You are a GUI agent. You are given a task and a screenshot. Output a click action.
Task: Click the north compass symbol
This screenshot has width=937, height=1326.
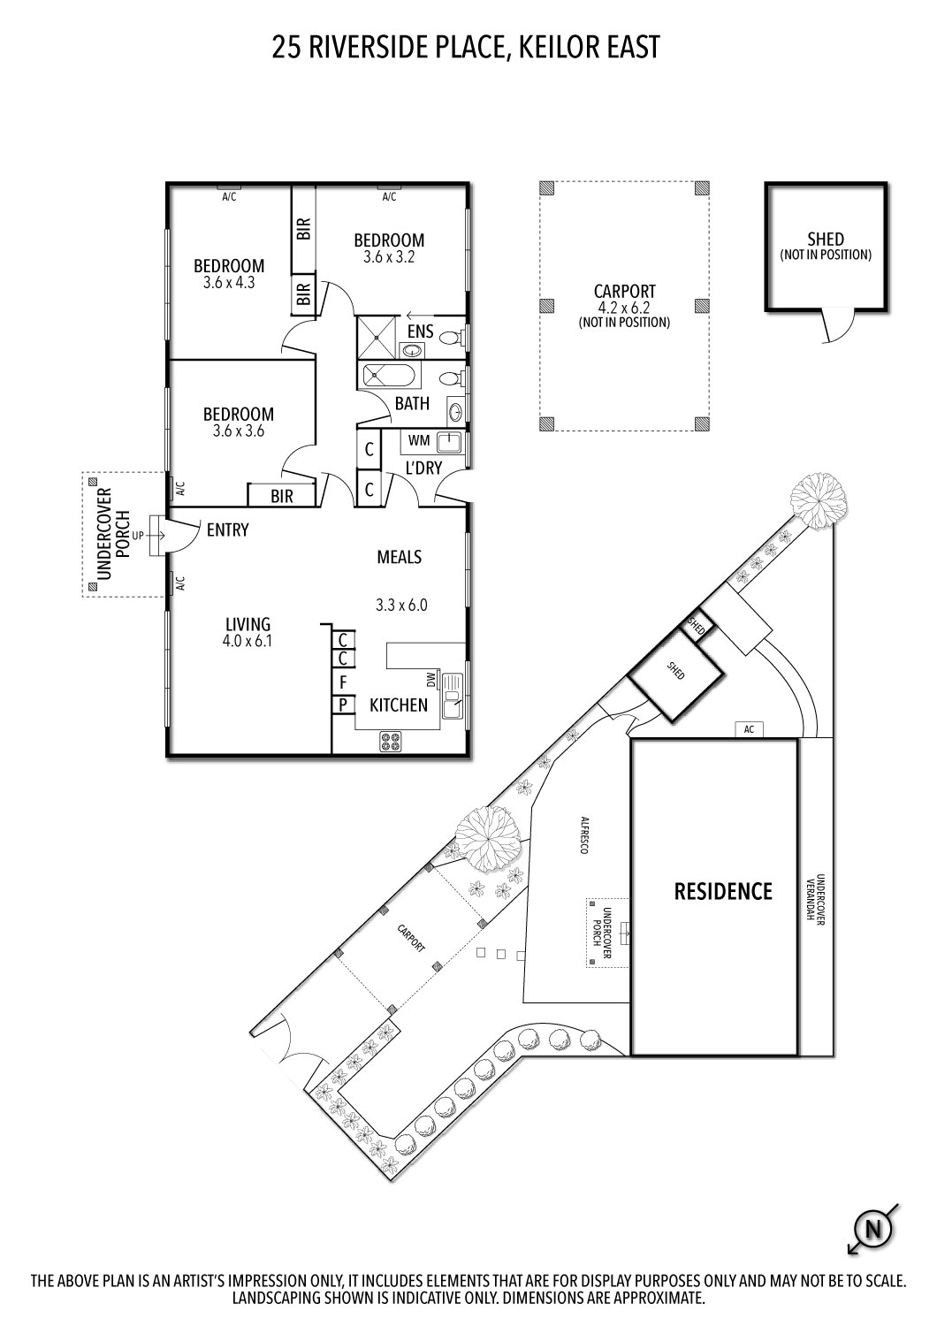pyautogui.click(x=872, y=1229)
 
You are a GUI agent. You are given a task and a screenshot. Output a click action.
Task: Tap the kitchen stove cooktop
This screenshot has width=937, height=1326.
pyautogui.click(x=390, y=742)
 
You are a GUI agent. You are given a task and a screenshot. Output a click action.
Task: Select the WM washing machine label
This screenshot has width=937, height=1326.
pyautogui.click(x=419, y=439)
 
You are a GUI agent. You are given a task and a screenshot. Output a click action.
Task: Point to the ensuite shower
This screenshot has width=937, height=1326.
pyautogui.click(x=378, y=337)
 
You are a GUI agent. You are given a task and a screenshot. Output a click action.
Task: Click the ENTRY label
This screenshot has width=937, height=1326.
pyautogui.click(x=227, y=530)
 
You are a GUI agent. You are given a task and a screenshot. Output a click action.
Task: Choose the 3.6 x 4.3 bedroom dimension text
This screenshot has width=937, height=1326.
pyautogui.click(x=229, y=283)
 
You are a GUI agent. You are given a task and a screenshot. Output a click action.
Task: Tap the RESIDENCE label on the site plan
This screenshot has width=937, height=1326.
pyautogui.click(x=723, y=891)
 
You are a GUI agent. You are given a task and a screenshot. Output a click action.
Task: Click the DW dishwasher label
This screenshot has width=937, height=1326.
pyautogui.click(x=431, y=679)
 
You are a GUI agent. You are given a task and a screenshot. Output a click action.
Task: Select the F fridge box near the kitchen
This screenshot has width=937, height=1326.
pyautogui.click(x=342, y=682)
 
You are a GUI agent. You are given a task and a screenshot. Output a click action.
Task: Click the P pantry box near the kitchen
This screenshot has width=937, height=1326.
pyautogui.click(x=342, y=705)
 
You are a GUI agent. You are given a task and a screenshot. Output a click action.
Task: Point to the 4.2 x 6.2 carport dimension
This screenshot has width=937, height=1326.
pyautogui.click(x=624, y=308)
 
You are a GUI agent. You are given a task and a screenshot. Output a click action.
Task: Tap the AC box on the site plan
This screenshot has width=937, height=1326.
pyautogui.click(x=749, y=729)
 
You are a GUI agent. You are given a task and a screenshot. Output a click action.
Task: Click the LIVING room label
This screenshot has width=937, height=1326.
pyautogui.click(x=247, y=625)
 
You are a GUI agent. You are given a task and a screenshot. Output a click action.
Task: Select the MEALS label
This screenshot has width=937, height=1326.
pyautogui.click(x=399, y=557)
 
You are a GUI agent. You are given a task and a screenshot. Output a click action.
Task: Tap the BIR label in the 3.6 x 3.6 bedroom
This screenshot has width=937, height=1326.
pyautogui.click(x=282, y=497)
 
